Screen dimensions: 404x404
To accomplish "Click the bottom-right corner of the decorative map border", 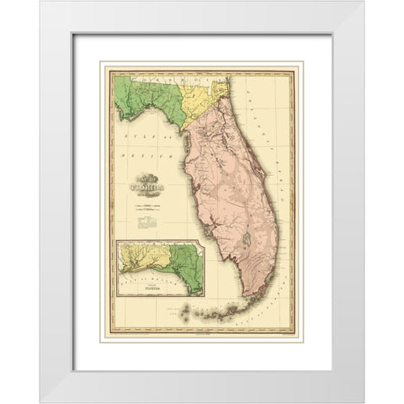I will click(301, 342).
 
